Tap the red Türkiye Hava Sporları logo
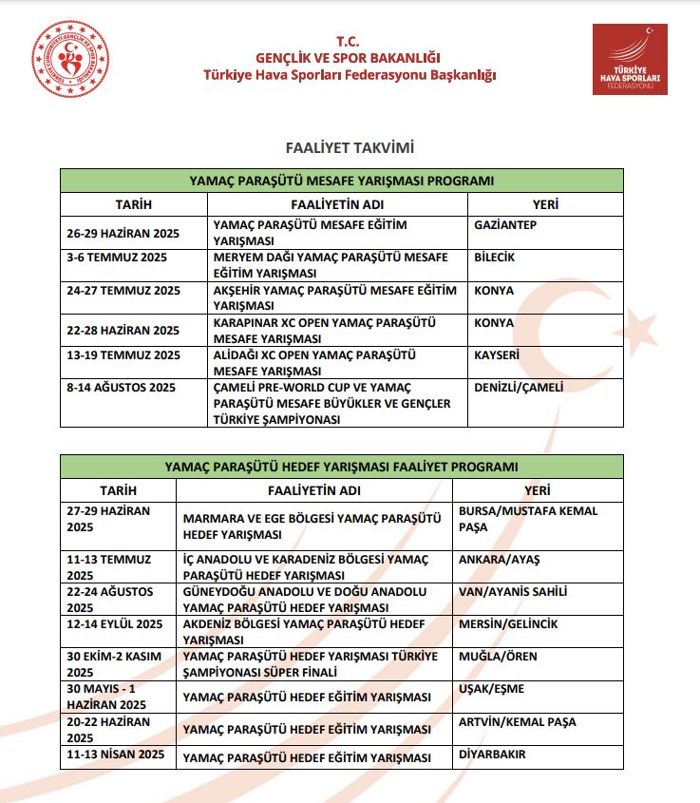[630, 59]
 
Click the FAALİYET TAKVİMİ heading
[350, 148]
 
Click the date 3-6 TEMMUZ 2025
[117, 258]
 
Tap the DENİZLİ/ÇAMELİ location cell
[519, 388]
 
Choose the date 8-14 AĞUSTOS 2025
[122, 388]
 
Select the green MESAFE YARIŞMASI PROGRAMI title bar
[342, 181]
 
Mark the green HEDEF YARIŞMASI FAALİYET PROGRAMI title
[342, 467]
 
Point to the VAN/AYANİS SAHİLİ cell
[513, 592]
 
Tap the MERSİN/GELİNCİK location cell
[508, 624]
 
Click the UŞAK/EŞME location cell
[491, 689]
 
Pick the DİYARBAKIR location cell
[493, 755]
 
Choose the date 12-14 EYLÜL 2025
[115, 624]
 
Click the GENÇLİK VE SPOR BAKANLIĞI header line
[350, 58]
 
